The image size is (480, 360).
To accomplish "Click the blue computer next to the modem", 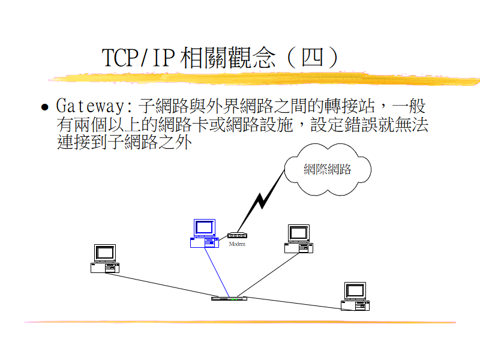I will pos(203,234).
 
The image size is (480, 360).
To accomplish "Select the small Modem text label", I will pos(237,244).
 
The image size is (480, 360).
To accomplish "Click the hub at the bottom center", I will pos(229,298).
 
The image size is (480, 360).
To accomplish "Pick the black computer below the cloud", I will pos(298,239).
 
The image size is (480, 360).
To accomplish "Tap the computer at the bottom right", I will pos(355,296).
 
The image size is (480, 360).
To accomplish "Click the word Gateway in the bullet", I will pos(93,107).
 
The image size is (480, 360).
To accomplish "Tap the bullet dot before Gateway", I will pos(44,108).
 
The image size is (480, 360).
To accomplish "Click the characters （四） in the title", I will pos(313,58).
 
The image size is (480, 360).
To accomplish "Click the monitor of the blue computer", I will pos(204,227).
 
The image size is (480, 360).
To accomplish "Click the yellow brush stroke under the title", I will pos(264,79).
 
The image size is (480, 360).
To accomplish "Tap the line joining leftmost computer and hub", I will pos(162,285).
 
